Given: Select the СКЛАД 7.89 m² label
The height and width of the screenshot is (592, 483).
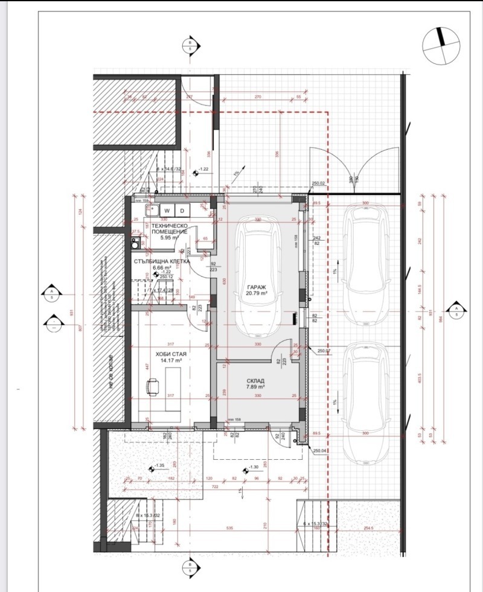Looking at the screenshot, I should pos(255,384).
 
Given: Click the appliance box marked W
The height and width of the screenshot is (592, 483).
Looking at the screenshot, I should pos(167,210).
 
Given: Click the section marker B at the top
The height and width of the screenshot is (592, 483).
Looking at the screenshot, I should pos(190,46).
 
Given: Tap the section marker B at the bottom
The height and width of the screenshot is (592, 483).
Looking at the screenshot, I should pos(190,567).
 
